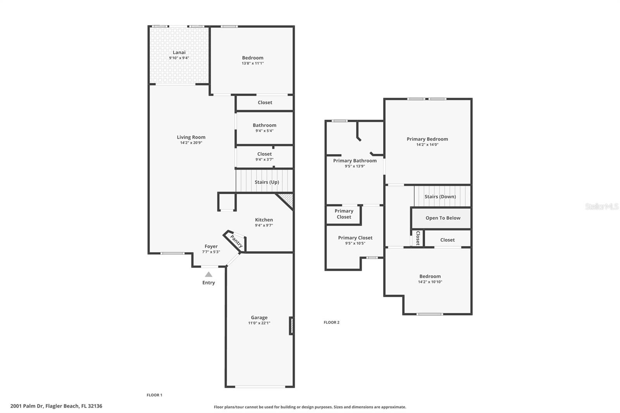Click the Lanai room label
(x=179, y=52)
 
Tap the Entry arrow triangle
(x=208, y=274)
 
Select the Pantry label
(x=236, y=241)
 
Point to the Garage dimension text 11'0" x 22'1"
(x=259, y=323)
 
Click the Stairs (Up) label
(x=267, y=182)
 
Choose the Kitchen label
(x=264, y=220)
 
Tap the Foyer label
(x=211, y=246)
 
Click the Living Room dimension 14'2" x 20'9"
(x=191, y=143)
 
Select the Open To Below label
(x=443, y=218)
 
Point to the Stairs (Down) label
(x=440, y=196)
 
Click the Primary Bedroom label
(x=427, y=139)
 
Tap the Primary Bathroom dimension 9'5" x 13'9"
(x=355, y=166)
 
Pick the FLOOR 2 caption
(x=332, y=322)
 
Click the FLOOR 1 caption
(x=155, y=395)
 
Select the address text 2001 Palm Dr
(x=27, y=406)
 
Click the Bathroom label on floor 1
(x=264, y=125)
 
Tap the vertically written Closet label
(x=418, y=238)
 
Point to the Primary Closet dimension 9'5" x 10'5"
(x=355, y=243)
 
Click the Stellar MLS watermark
(x=601, y=206)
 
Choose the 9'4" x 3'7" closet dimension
(x=264, y=160)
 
